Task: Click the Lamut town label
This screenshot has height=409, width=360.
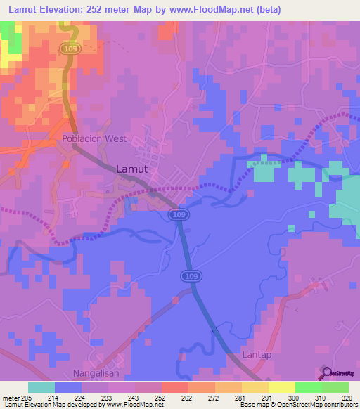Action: (131, 169)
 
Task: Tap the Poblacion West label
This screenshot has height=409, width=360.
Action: (94, 138)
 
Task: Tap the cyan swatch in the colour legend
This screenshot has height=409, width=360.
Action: (41, 387)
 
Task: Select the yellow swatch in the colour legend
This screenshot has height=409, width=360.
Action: (282, 387)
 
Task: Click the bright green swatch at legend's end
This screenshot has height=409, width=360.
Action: (335, 387)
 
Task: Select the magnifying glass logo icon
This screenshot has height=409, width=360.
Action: (327, 373)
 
